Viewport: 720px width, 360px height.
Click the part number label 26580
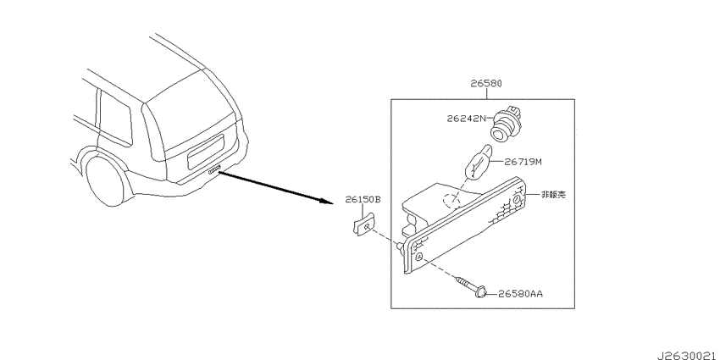pyautogui.click(x=486, y=84)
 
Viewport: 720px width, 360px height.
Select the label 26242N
pyautogui.click(x=466, y=119)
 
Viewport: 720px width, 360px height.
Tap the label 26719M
pyautogui.click(x=523, y=162)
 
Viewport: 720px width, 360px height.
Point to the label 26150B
pyautogui.click(x=363, y=200)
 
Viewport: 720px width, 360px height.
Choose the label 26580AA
pyautogui.click(x=521, y=293)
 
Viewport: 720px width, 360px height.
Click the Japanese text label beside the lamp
pyautogui.click(x=553, y=195)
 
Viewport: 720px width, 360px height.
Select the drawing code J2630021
pyautogui.click(x=688, y=356)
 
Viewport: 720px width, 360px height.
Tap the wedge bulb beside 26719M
pyautogui.click(x=479, y=161)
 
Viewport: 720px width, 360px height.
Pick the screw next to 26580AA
pyautogui.click(x=472, y=285)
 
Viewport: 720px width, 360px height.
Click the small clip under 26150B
pyautogui.click(x=363, y=225)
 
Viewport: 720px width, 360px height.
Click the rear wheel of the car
pyautogui.click(x=106, y=180)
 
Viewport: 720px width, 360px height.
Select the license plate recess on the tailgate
pyautogui.click(x=205, y=152)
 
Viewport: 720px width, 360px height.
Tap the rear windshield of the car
pyautogui.click(x=190, y=116)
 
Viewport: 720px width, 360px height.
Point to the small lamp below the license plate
pyautogui.click(x=214, y=171)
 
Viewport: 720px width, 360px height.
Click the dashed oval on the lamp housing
pyautogui.click(x=451, y=201)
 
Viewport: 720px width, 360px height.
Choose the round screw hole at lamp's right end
pyautogui.click(x=517, y=200)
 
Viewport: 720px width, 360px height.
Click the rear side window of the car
pyautogui.click(x=116, y=117)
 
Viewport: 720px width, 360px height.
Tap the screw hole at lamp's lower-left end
pyautogui.click(x=418, y=258)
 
